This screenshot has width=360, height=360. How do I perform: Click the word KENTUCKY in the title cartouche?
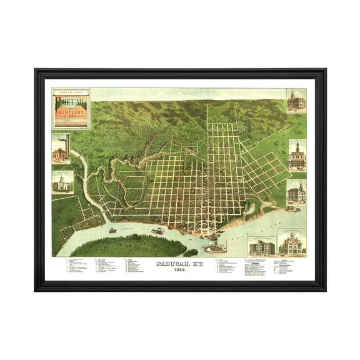pos(71,108)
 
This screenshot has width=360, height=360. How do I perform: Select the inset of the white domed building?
pos(62,182)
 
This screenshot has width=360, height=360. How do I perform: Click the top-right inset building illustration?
pos(296,101)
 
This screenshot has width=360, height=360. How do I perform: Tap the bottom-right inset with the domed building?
pos(293,243)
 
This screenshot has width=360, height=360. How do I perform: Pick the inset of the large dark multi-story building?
pos(261,246)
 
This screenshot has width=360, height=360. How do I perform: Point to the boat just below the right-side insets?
pos(292,210)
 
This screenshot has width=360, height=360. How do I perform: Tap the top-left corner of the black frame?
pos(36,71)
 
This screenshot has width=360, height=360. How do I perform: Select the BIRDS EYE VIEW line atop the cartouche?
pos(71,92)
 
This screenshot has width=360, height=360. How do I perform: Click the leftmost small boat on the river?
pos(112,230)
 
